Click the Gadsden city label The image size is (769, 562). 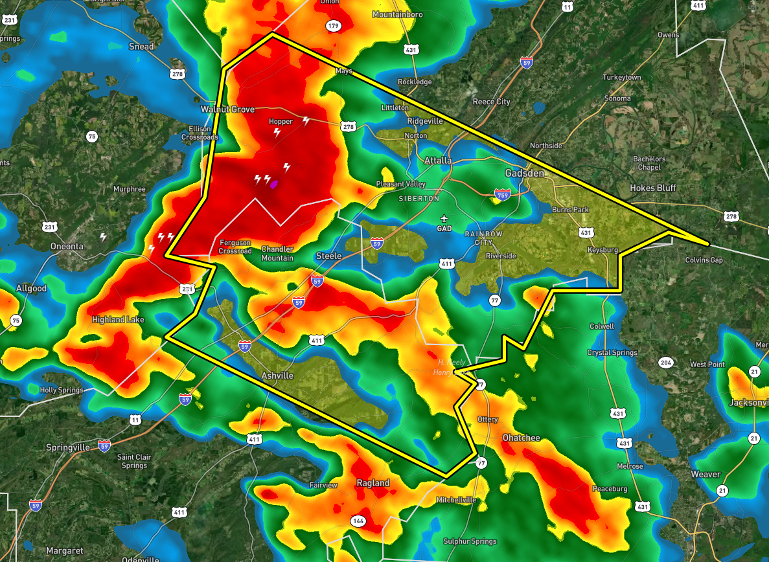pos(525,174)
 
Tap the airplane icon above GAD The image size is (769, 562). pos(444,219)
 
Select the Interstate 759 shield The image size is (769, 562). pos(501,194)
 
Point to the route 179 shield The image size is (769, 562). pos(333,26)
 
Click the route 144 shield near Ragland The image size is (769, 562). pos(358,521)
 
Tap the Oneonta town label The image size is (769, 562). pos(67,247)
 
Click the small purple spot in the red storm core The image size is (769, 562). pos(274,185)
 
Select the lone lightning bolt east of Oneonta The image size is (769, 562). pos(102,237)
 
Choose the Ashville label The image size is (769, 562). pos(277,376)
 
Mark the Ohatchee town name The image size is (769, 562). pos(521,438)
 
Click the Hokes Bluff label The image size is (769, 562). pos(652,188)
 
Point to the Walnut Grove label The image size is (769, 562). pos(227,109)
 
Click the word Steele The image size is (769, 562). pos(328,256)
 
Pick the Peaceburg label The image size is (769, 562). pos(610,489)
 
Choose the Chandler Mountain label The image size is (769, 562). pos(277,254)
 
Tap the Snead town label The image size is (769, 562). pos(141,47)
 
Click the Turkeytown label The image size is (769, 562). pos(621,78)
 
